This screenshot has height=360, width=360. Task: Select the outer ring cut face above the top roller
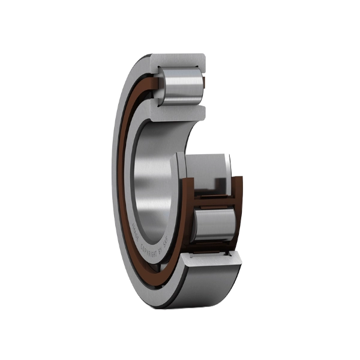[x=180, y=61]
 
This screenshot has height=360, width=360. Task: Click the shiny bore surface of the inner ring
[x=153, y=174]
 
